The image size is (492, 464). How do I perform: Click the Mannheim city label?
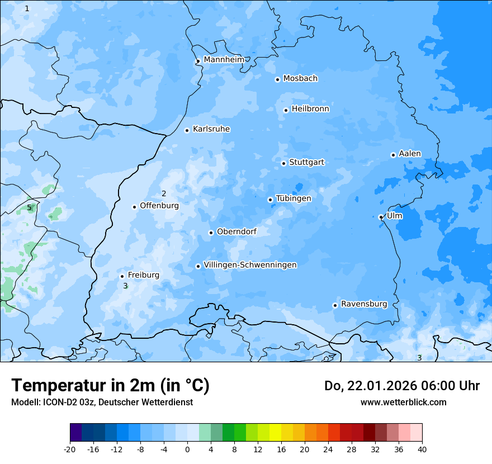[224, 59]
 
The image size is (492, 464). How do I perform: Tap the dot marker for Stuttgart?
[283, 163]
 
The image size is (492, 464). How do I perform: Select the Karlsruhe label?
[211, 129]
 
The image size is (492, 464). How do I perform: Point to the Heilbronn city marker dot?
[286, 110]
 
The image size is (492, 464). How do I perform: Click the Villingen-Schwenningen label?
[250, 265]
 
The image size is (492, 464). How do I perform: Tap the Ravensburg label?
[364, 304]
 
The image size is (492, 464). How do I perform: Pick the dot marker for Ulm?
[381, 217]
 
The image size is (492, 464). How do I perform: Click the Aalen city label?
[410, 154]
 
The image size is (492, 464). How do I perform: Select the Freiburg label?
[143, 275]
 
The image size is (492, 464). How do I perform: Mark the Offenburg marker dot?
[134, 207]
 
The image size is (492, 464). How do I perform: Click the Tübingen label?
[294, 198]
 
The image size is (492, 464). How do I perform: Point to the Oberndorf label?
[236, 231]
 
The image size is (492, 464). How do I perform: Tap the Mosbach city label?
[300, 79]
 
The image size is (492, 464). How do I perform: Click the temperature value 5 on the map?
[29, 208]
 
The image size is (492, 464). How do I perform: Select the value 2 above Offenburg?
[164, 194]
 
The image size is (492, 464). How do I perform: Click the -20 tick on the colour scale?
[70, 449]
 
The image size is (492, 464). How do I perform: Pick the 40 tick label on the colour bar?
[422, 449]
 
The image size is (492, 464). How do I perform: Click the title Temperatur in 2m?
[110, 386]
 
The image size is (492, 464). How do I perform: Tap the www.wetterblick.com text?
[403, 402]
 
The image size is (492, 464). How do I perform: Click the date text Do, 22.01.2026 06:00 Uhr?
[401, 386]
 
